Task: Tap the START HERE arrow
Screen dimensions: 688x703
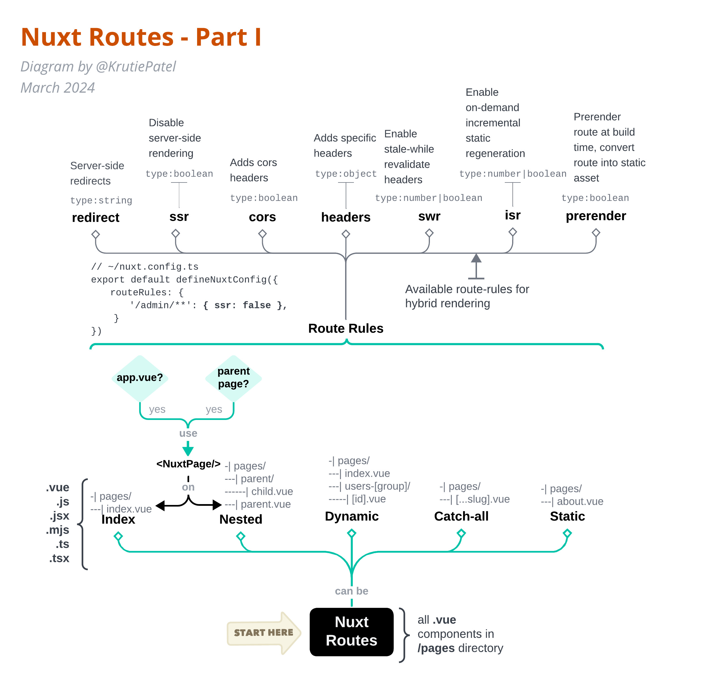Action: coord(264,633)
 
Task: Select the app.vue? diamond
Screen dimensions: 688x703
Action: coord(140,378)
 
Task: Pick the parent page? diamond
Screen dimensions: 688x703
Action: coord(233,378)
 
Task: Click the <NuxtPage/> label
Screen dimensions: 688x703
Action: coord(188,464)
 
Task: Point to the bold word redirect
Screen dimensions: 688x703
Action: coord(96,218)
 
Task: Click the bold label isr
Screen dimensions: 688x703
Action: coord(512,215)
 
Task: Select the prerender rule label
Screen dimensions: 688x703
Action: coord(596,216)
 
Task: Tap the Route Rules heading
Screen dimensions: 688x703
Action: coord(345,328)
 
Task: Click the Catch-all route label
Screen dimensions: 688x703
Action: coord(461,516)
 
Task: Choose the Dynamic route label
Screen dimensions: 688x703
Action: coord(352,516)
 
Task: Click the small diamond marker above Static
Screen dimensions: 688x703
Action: coord(567,533)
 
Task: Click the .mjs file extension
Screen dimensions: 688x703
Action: coord(58,530)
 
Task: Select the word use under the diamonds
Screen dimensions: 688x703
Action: coord(188,433)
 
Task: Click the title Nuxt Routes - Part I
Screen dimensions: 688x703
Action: coord(141,37)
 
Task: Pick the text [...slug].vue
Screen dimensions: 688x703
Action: coord(482,499)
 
